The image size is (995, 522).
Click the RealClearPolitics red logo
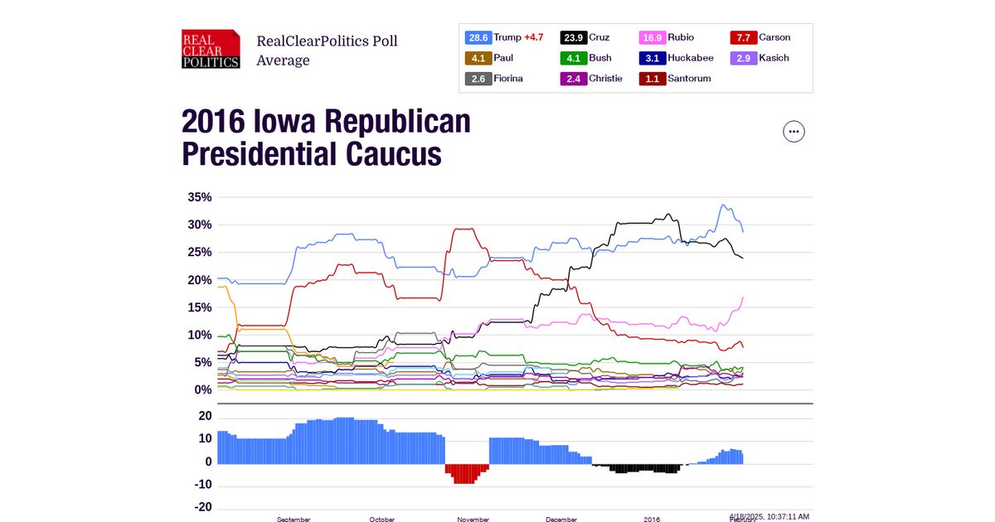211,49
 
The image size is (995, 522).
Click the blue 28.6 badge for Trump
478,37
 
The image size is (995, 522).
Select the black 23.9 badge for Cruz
574,37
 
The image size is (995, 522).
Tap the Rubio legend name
681,37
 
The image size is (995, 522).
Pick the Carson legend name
774,37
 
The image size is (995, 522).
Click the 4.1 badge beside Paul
478,58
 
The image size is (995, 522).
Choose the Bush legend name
599,58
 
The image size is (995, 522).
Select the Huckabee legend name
690,58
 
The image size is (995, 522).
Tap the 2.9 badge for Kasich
743,58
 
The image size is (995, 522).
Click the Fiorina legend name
508,79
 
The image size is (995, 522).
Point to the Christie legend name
605,79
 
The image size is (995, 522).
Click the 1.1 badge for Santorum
652,79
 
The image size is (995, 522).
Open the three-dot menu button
794,131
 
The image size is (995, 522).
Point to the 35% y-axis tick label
200,197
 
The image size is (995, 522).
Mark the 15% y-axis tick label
200,307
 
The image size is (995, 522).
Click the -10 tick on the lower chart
201,485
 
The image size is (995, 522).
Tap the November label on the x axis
473,519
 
